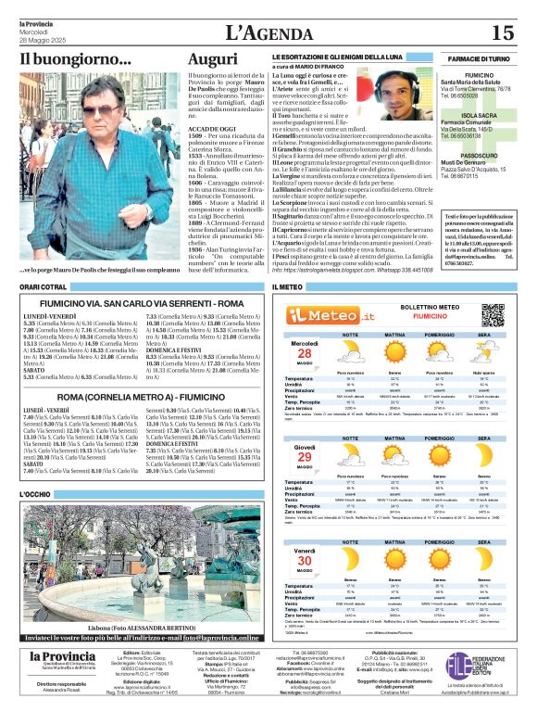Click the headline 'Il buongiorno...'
pyautogui.click(x=77, y=60)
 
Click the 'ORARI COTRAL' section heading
pyautogui.click(x=43, y=287)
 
